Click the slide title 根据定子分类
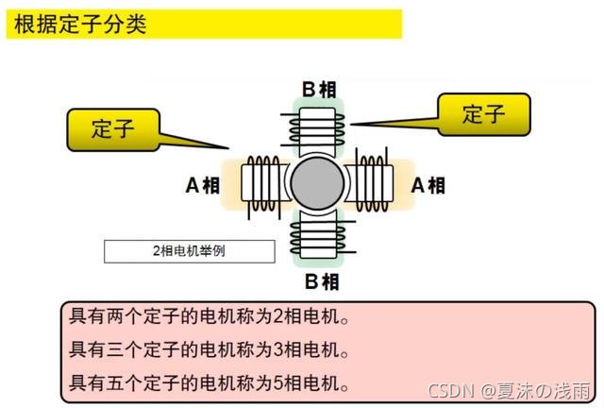click(x=80, y=25)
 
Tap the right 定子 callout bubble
click(x=483, y=115)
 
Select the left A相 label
click(x=202, y=185)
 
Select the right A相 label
click(x=428, y=185)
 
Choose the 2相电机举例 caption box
click(x=189, y=251)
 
